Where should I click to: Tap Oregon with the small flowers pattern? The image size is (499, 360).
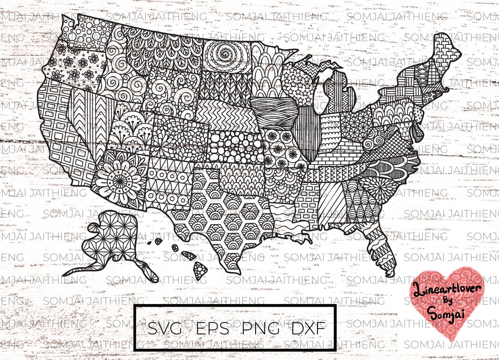click(x=72, y=67)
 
